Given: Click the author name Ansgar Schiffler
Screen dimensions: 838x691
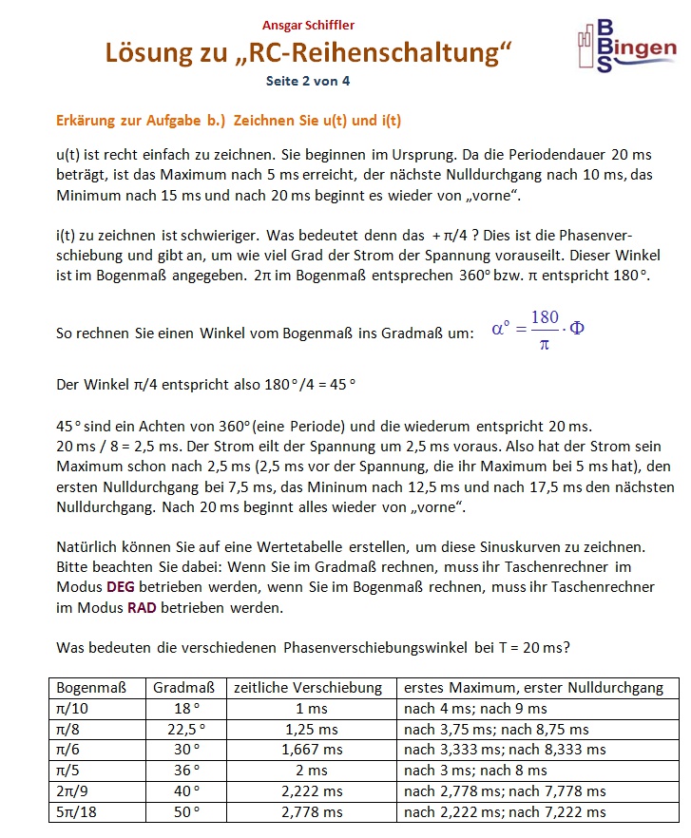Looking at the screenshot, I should [x=308, y=25].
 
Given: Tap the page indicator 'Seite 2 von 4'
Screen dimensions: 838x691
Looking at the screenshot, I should [x=308, y=81].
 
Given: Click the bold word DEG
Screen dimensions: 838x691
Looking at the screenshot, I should [x=121, y=587].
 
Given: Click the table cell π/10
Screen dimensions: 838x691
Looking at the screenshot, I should [x=72, y=709].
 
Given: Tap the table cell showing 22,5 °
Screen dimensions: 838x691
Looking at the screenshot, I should [x=185, y=730].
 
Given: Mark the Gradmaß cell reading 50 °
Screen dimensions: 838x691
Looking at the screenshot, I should [x=185, y=811].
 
